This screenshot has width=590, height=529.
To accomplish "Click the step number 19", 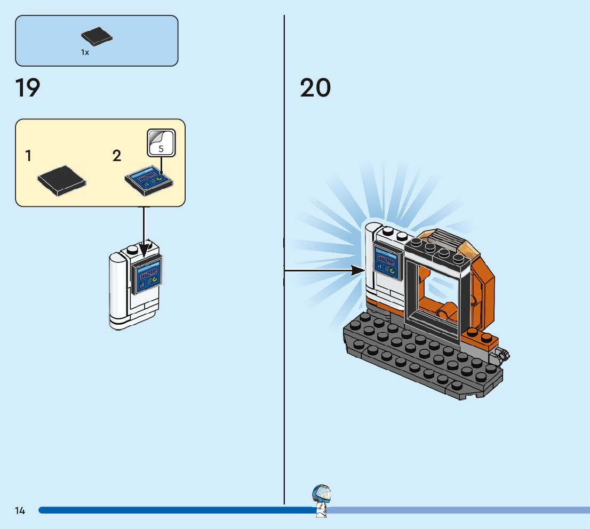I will (28, 88).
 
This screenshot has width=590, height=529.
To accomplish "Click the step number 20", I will (315, 88).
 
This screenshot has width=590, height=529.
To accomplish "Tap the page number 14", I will (20, 511).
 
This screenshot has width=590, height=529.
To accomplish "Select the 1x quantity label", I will (85, 52).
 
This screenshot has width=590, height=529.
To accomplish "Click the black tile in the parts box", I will (97, 36).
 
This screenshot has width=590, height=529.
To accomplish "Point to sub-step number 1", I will (28, 156).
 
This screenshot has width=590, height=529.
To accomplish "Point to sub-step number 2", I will (117, 156).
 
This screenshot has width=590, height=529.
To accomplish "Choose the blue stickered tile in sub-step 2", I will (149, 179).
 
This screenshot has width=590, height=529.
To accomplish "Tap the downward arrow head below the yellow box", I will (144, 251).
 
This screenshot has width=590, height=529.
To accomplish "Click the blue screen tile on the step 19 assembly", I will (148, 274).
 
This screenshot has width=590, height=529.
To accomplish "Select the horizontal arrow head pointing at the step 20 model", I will (358, 271).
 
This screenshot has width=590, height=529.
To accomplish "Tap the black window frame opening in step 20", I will (438, 296).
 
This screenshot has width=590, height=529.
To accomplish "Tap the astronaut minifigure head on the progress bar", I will (322, 494).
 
